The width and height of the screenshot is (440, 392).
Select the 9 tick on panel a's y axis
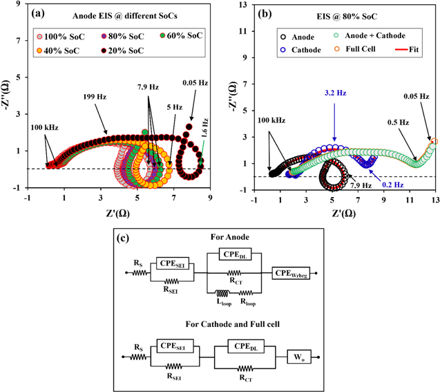coord(17,6)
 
